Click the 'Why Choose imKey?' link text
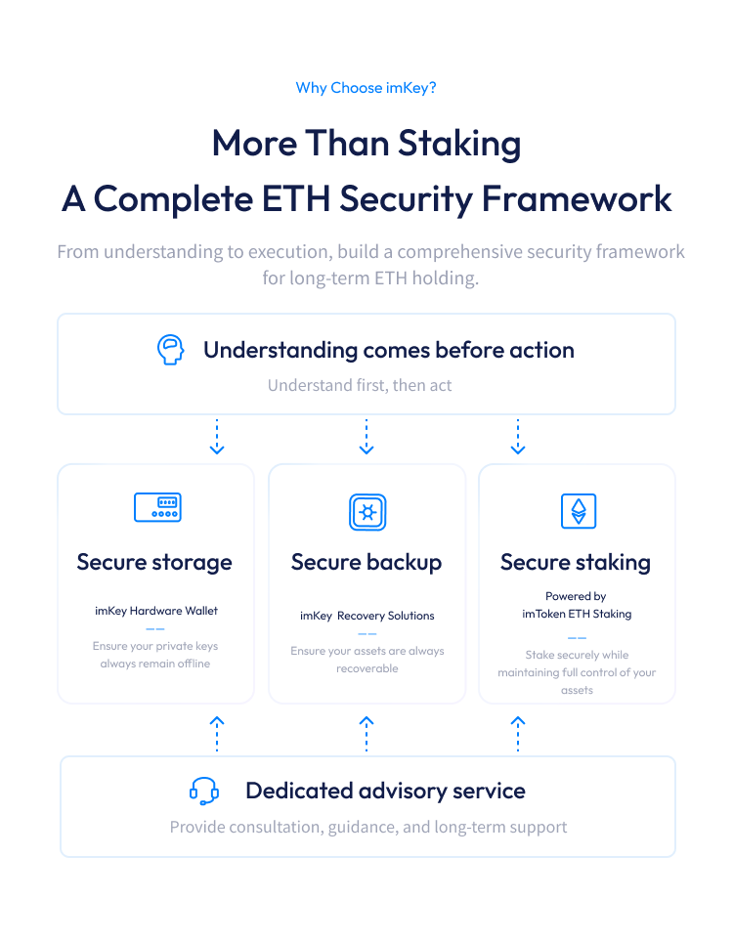(366, 88)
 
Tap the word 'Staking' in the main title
(459, 145)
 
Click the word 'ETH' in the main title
(296, 198)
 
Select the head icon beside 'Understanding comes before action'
(171, 350)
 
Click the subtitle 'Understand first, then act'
(360, 385)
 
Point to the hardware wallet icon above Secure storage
(157, 507)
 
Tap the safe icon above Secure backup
(367, 512)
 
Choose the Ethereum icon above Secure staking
(579, 511)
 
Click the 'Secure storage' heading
(154, 562)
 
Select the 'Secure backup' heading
(366, 562)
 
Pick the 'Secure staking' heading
(576, 563)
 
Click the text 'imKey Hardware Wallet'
(156, 611)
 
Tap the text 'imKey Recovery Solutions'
(367, 616)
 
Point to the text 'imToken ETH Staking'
(577, 614)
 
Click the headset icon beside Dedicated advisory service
(204, 791)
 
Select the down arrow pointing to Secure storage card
(217, 437)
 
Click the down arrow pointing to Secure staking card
(518, 437)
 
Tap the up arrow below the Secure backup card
(366, 734)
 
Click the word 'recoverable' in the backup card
(367, 668)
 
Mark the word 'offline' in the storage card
(194, 664)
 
